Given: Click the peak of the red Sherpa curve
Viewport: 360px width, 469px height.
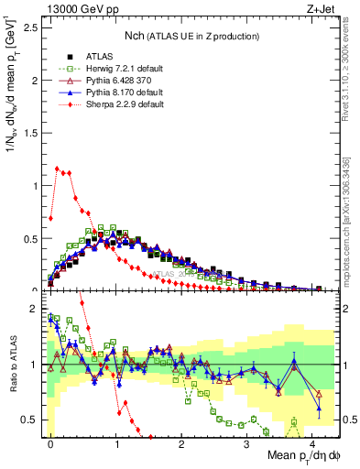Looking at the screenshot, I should pyautogui.click(x=57, y=168).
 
